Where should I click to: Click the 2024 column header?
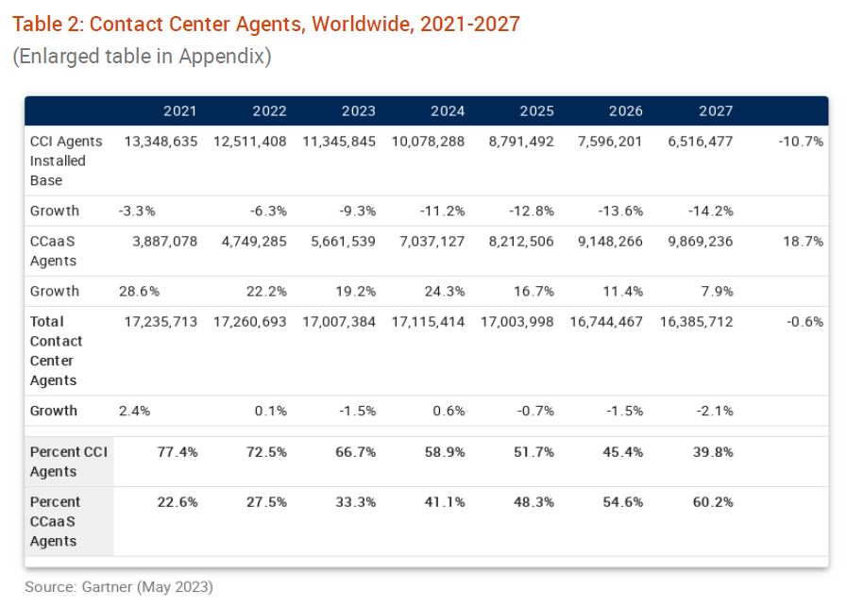click(448, 111)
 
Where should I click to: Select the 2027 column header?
click(716, 111)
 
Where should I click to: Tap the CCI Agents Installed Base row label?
click(66, 160)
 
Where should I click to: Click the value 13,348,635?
click(161, 142)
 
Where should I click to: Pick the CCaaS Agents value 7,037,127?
click(428, 242)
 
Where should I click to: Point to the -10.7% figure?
click(801, 142)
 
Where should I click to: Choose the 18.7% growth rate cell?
click(804, 242)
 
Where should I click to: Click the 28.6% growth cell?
click(139, 291)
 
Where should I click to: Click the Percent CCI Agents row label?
click(68, 462)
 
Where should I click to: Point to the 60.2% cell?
click(713, 502)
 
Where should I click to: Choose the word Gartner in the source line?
click(105, 587)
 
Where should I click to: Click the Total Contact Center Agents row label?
click(58, 351)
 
